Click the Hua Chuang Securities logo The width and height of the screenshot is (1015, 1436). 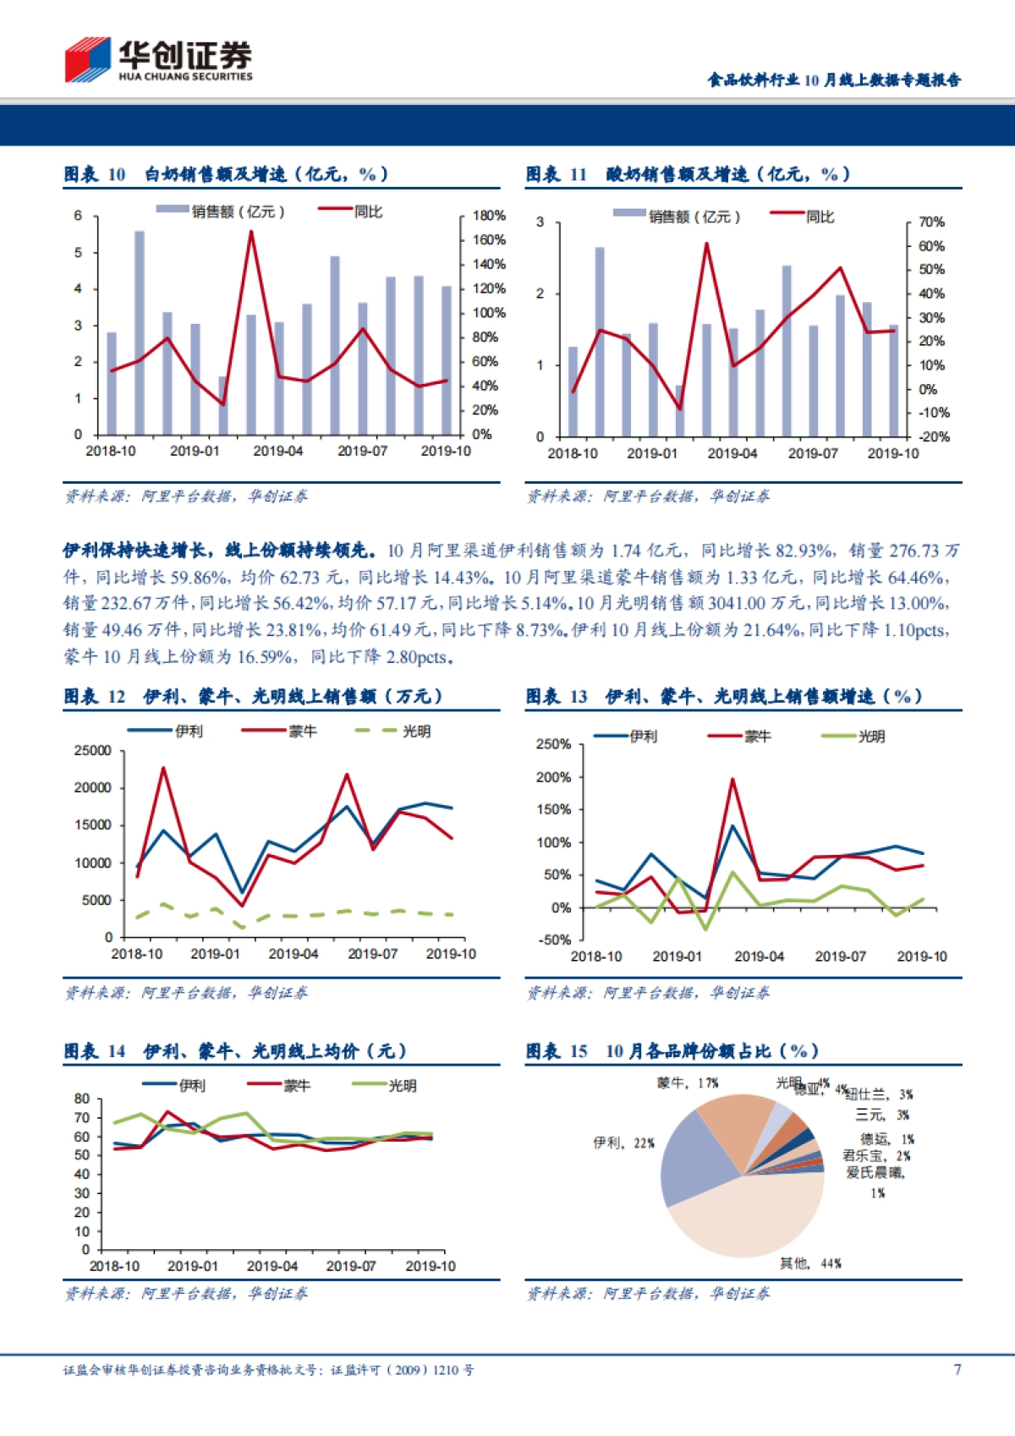click(158, 60)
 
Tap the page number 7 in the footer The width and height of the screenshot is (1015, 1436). click(957, 1369)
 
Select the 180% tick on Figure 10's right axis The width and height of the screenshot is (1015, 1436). click(488, 216)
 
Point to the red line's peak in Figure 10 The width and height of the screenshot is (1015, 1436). click(251, 232)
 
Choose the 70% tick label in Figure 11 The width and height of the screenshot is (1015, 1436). click(931, 222)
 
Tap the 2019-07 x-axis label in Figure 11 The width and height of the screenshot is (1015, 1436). click(812, 454)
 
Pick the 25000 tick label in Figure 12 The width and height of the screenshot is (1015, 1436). click(93, 751)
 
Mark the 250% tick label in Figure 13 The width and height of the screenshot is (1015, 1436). click(553, 744)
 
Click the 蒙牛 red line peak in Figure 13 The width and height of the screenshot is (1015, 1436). click(732, 779)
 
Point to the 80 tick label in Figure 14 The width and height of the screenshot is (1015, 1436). click(82, 1099)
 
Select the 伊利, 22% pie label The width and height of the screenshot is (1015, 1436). click(623, 1143)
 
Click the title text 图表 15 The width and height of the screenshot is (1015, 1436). click(556, 1051)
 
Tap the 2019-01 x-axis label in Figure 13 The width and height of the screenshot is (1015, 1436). click(677, 956)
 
